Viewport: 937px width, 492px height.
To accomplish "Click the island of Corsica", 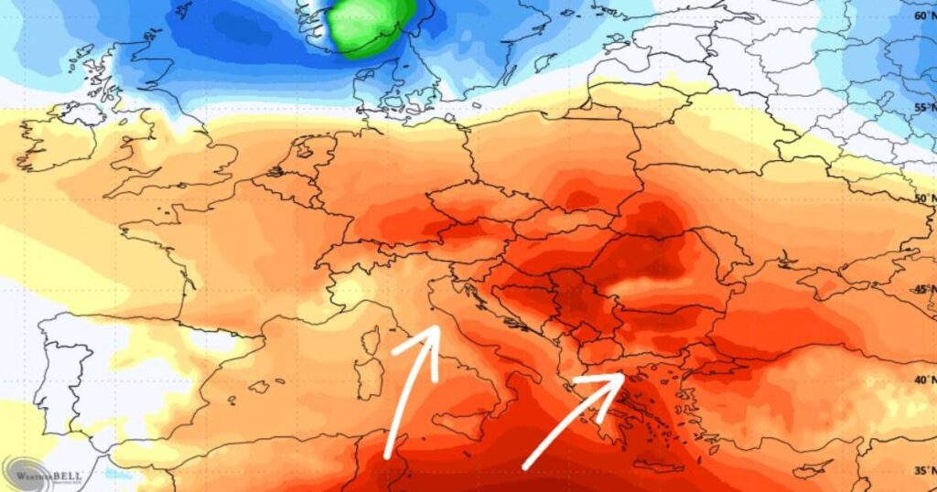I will point(372,341).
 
